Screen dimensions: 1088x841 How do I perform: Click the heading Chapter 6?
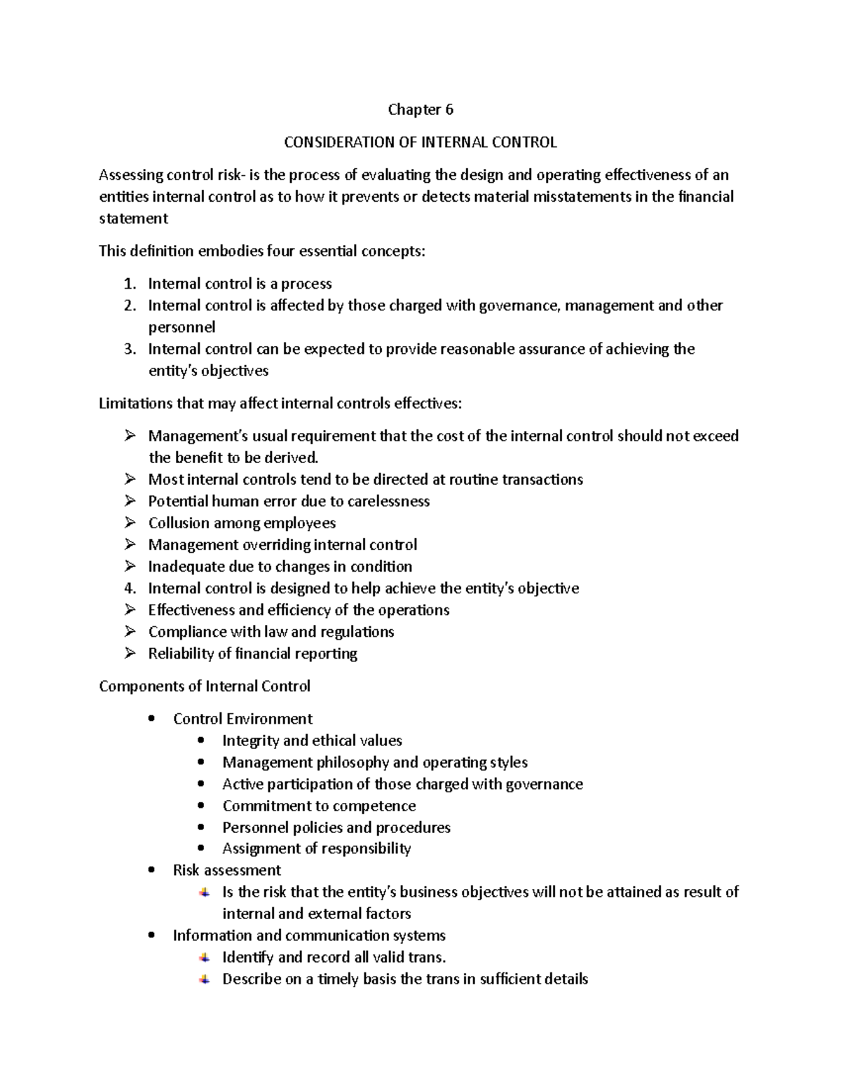pyautogui.click(x=420, y=109)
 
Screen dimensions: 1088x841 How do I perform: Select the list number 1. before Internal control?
pyautogui.click(x=130, y=284)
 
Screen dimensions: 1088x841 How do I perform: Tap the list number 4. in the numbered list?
pyautogui.click(x=130, y=588)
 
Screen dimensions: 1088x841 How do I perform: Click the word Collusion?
pyautogui.click(x=178, y=523)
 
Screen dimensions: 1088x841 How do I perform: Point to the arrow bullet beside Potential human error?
pyautogui.click(x=130, y=501)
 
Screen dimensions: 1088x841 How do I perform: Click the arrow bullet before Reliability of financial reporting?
pyautogui.click(x=130, y=653)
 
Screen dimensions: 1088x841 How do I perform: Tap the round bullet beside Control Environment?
pyautogui.click(x=152, y=719)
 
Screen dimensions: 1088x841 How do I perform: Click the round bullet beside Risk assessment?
pyautogui.click(x=152, y=870)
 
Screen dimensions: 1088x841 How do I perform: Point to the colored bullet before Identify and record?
pyautogui.click(x=203, y=957)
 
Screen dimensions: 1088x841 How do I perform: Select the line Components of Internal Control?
pyautogui.click(x=205, y=686)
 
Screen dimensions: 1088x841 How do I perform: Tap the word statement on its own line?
pyautogui.click(x=133, y=219)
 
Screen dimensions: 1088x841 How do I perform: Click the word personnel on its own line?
pyautogui.click(x=182, y=327)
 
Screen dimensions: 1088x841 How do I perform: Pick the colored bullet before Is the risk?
pyautogui.click(x=203, y=892)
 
